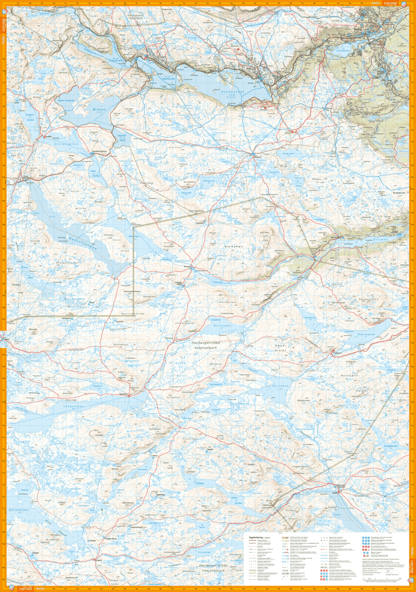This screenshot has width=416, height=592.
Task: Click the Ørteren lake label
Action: point(99,110)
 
